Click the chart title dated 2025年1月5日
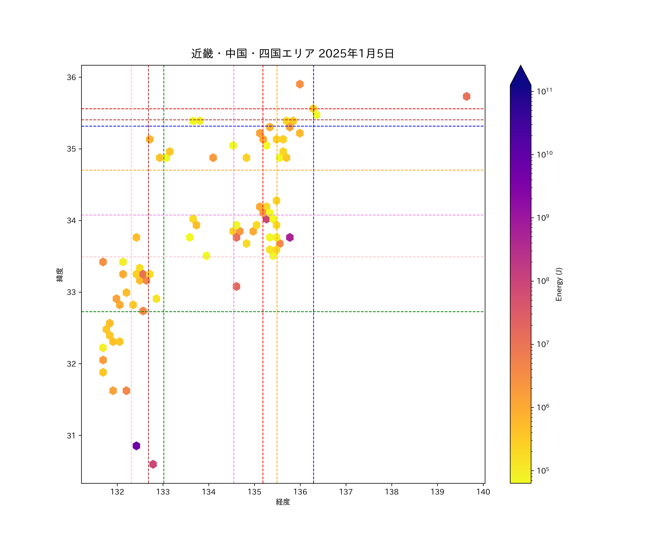pyautogui.click(x=292, y=54)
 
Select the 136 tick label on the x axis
pyautogui.click(x=300, y=492)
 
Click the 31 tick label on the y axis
pyautogui.click(x=71, y=436)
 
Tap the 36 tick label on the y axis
pyautogui.click(x=71, y=77)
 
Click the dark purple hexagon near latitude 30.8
pyautogui.click(x=136, y=446)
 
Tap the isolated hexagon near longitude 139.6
pyautogui.click(x=467, y=96)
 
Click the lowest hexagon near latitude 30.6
pyautogui.click(x=153, y=464)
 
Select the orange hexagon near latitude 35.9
pyautogui.click(x=300, y=84)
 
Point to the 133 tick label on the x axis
pyautogui.click(x=163, y=492)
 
